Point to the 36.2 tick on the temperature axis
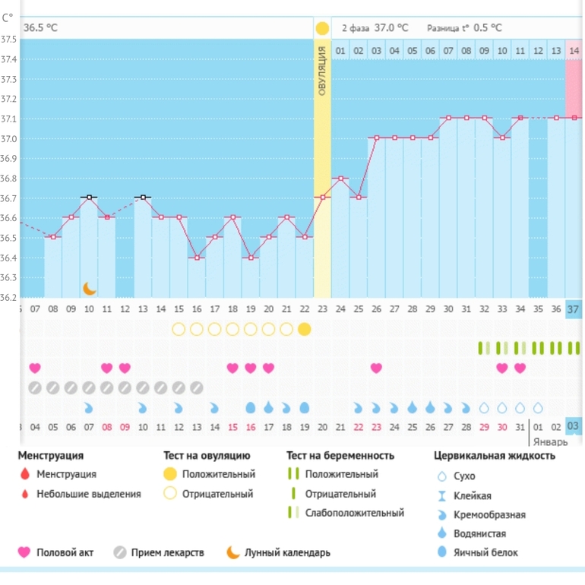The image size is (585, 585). pyautogui.click(x=9, y=297)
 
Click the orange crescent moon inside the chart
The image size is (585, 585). pyautogui.click(x=90, y=289)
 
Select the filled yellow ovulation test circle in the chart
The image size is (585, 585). pyautogui.click(x=305, y=329)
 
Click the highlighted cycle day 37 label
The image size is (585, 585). pyautogui.click(x=574, y=309)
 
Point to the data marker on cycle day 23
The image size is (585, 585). pyautogui.click(x=323, y=198)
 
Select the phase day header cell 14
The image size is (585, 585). pyautogui.click(x=574, y=51)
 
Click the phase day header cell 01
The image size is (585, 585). pyautogui.click(x=340, y=51)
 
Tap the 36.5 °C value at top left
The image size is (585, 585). pyautogui.click(x=40, y=27)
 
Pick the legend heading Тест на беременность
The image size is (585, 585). pyautogui.click(x=340, y=456)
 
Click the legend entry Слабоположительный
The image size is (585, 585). pyautogui.click(x=354, y=513)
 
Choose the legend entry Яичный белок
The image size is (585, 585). pyautogui.click(x=486, y=552)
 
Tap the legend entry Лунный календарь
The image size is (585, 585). pyautogui.click(x=287, y=552)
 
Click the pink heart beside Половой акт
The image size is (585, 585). pyautogui.click(x=24, y=552)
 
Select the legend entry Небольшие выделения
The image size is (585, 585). pyautogui.click(x=88, y=493)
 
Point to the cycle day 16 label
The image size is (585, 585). pyautogui.click(x=197, y=309)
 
